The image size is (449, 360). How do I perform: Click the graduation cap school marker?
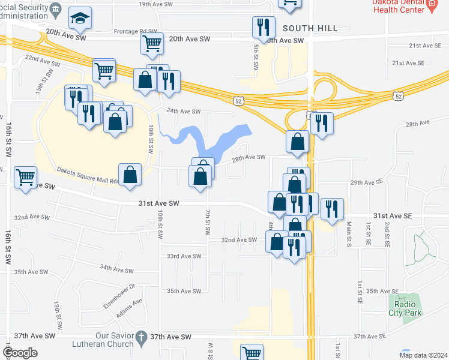tap(80, 19)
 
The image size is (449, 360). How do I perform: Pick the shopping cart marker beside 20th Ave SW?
tap(152, 43)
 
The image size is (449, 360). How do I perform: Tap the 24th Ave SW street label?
tap(183, 112)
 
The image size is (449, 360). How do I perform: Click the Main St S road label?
tap(349, 233)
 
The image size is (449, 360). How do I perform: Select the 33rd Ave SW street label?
tap(184, 256)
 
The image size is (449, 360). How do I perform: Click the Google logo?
tap(20, 353)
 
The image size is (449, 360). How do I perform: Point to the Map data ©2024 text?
tap(423, 355)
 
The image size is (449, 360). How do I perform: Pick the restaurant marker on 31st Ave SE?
tap(332, 208)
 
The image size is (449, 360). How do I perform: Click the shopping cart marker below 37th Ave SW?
tap(252, 353)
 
